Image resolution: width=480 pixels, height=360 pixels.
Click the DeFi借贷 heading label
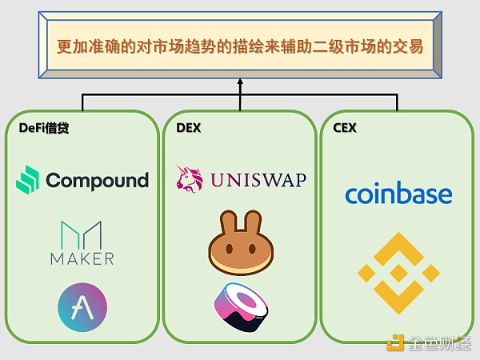(44, 128)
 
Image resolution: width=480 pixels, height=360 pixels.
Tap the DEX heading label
(189, 128)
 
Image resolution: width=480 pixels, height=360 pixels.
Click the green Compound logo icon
(29, 180)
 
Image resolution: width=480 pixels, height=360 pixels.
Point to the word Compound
(98, 180)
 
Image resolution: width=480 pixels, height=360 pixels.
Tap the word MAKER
(81, 258)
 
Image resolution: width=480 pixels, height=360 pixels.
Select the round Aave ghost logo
(82, 305)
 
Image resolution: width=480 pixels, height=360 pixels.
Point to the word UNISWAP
(257, 179)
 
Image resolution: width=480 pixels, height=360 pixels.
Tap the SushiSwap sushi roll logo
(240, 305)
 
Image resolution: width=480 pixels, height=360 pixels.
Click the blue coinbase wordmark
(398, 194)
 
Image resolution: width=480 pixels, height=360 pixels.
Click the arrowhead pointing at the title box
(240, 82)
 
